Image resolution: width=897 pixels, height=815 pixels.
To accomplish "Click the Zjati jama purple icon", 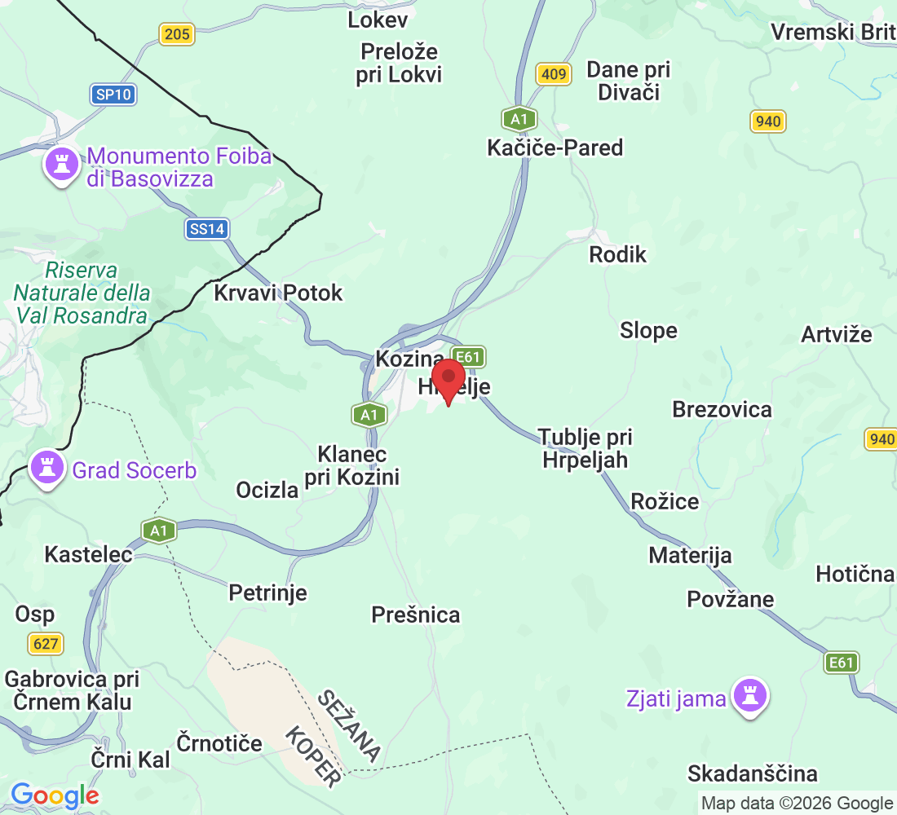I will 747,697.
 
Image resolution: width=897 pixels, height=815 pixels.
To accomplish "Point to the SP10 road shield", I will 113,95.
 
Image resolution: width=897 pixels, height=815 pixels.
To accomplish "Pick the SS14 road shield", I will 205,229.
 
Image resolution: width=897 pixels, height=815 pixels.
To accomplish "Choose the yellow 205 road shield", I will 176,34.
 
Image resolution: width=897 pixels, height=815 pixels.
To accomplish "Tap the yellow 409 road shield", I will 553,75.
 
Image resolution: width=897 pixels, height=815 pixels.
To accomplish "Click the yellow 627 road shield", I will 46,644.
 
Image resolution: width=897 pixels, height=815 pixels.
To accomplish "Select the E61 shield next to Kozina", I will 469,357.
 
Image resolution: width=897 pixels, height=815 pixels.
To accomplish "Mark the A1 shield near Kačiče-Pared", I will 518,119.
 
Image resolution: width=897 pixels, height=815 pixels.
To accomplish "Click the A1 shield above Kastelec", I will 158,531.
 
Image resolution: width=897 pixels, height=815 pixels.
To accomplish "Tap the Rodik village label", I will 617,255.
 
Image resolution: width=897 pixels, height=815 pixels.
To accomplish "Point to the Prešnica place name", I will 415,615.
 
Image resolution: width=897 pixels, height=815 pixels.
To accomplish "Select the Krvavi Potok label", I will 278,293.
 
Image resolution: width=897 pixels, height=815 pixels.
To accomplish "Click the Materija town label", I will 690,556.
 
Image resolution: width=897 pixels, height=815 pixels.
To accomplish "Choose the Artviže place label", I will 836,334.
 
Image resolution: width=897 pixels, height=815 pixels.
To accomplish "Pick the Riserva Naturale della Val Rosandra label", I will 82,293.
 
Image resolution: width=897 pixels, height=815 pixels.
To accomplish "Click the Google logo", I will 55,795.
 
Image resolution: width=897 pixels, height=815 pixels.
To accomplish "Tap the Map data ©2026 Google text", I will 797,803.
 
